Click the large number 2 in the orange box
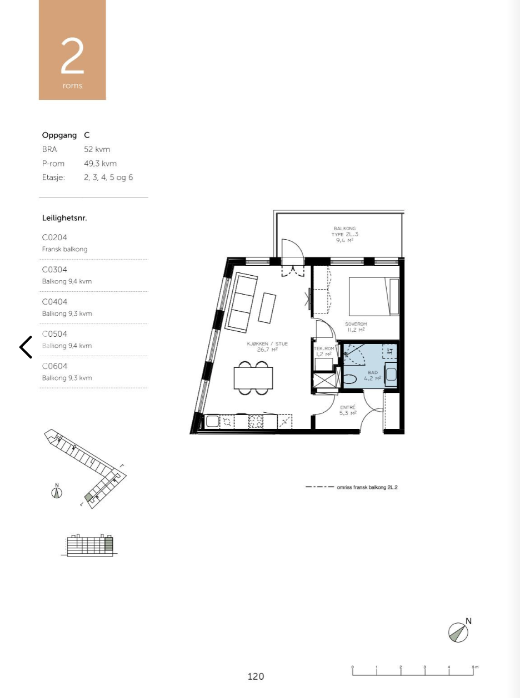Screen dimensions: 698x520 (72, 57)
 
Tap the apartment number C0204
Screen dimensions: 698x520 (54, 237)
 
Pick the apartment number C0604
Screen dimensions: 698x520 (54, 366)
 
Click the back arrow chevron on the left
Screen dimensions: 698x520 (26, 347)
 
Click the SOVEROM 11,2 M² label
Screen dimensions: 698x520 (356, 327)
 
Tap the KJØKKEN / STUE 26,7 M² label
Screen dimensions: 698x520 (267, 347)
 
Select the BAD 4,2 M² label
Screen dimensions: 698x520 (372, 376)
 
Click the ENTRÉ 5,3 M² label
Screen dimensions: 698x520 (347, 409)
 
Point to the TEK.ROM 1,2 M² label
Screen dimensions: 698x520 (324, 351)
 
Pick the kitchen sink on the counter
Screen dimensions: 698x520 (213, 422)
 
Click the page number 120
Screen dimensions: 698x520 (256, 676)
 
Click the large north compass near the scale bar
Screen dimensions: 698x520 (458, 632)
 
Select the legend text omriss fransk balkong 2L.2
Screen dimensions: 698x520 (367, 487)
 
